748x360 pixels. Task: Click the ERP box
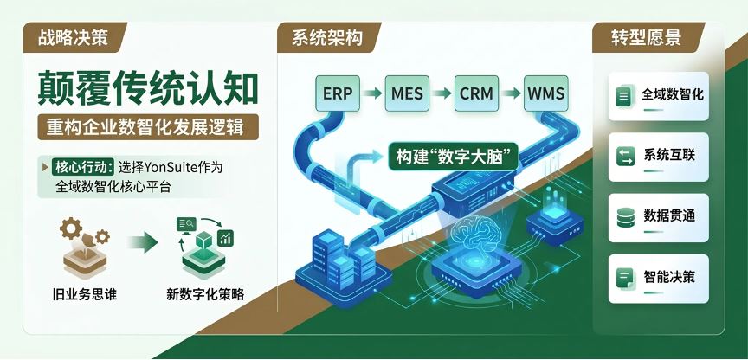[338, 93]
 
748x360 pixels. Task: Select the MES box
[407, 93]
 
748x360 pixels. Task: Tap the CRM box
[476, 93]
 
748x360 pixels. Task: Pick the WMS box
[545, 93]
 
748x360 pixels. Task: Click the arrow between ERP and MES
[372, 93]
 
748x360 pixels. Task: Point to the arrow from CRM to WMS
[512, 93]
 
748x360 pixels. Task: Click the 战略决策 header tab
[74, 38]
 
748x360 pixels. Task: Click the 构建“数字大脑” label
[453, 156]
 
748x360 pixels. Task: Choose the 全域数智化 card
[659, 96]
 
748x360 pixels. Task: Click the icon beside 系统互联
[625, 157]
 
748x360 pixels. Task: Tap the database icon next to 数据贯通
[625, 218]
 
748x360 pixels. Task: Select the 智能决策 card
[659, 279]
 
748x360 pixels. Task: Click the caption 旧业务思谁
[85, 294]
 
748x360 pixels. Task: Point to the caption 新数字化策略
[205, 294]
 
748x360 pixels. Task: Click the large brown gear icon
[71, 228]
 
